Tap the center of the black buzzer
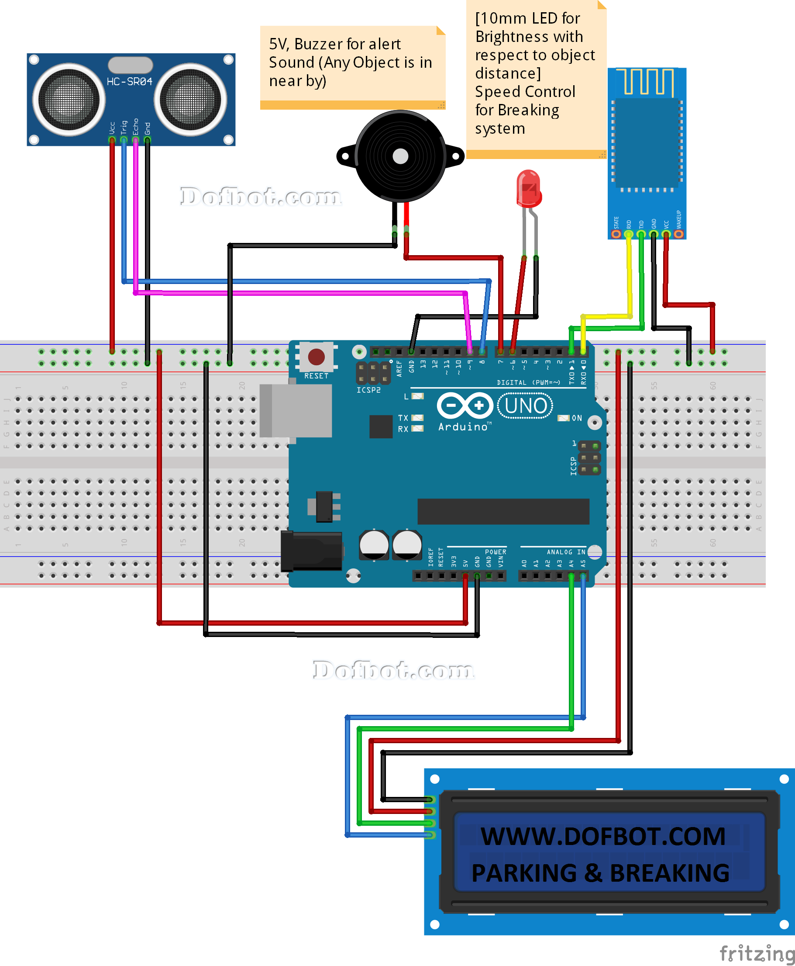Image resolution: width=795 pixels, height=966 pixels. click(x=400, y=156)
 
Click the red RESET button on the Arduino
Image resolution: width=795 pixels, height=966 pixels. click(x=316, y=357)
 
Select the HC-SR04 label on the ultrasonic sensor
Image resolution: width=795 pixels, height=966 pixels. click(x=129, y=82)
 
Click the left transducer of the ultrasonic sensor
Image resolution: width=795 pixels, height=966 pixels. click(x=69, y=100)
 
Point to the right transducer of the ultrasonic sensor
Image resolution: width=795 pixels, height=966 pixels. click(x=190, y=100)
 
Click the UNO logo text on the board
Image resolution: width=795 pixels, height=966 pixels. click(x=525, y=406)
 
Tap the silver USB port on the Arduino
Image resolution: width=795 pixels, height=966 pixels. click(x=296, y=411)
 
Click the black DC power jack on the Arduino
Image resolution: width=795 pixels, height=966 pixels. click(x=311, y=551)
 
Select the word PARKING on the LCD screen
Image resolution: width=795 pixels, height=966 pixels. click(x=524, y=873)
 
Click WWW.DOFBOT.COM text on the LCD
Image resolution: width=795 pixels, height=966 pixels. click(x=602, y=836)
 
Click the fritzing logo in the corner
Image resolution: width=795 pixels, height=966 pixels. click(x=756, y=954)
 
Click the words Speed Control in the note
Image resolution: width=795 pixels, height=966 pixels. click(x=525, y=92)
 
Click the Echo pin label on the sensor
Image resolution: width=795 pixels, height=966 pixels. click(x=135, y=127)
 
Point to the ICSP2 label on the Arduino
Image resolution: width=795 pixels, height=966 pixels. click(x=368, y=390)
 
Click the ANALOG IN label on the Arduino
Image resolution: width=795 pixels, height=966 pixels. click(x=565, y=552)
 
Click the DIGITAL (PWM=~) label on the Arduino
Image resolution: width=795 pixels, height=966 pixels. click(x=529, y=383)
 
